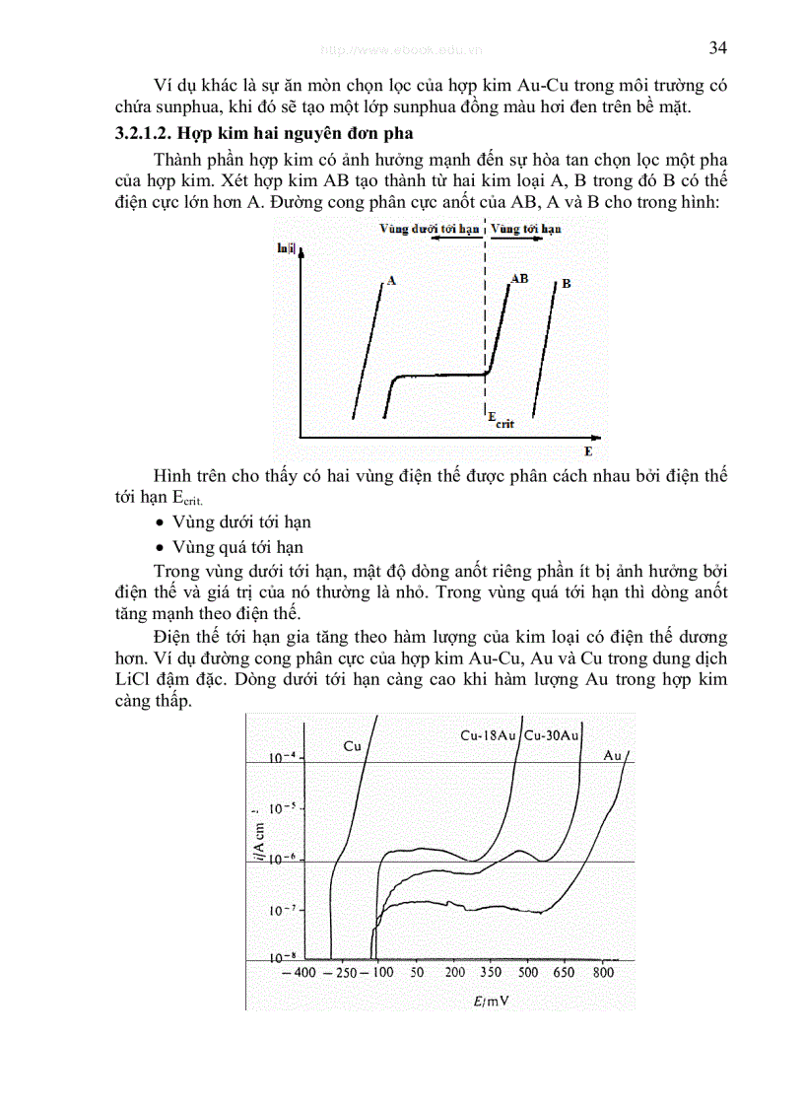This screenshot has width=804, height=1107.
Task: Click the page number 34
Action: [x=717, y=48]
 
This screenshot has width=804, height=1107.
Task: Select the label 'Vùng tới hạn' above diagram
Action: [x=526, y=228]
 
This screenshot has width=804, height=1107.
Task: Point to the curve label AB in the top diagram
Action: [x=519, y=279]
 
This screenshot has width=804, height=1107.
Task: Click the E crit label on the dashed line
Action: [x=501, y=420]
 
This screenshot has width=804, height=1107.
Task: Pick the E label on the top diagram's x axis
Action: [x=588, y=451]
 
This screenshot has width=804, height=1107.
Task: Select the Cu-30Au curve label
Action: [x=552, y=735]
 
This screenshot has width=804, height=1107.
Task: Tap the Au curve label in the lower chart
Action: [x=612, y=756]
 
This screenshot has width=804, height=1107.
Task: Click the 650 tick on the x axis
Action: [x=563, y=973]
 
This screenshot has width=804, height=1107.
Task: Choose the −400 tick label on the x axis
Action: [x=298, y=973]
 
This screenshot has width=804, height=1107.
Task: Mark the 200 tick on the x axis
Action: [x=454, y=973]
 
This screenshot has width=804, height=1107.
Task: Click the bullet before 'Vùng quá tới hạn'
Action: [x=161, y=547]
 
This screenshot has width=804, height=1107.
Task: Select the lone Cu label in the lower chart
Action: [x=353, y=746]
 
